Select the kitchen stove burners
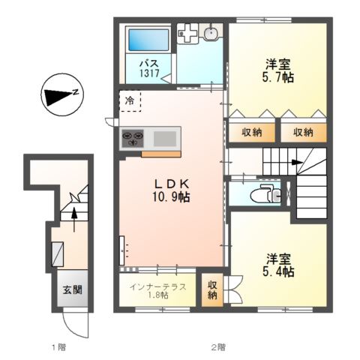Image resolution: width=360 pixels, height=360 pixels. tap(136, 138)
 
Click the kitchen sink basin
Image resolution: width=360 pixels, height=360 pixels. tap(166, 138)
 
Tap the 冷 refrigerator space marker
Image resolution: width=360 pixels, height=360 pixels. tap(130, 100)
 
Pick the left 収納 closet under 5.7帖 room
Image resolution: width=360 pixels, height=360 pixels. tap(251, 133)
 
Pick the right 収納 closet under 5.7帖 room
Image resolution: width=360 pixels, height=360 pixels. tap(303, 133)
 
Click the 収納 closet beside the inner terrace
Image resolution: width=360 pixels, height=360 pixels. tap(213, 289)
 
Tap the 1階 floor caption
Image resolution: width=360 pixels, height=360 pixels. tap(58, 346)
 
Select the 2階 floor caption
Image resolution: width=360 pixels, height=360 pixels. tap(218, 346)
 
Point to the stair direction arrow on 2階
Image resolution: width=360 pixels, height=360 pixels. tap(298, 163)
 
